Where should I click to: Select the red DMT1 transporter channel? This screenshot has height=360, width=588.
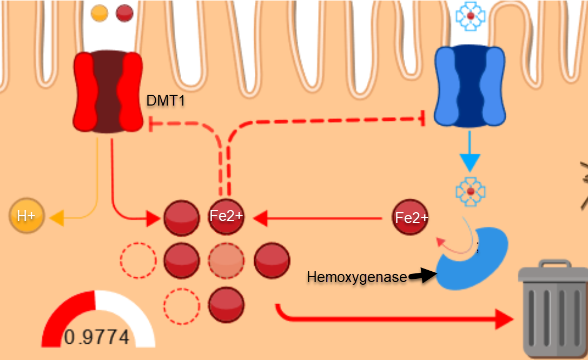click(107, 91)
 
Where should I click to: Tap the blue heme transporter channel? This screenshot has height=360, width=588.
click(470, 87)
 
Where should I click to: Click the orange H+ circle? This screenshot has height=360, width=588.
click(26, 217)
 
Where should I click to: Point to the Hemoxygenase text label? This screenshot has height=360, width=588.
click(356, 277)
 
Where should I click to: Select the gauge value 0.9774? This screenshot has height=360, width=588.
click(97, 337)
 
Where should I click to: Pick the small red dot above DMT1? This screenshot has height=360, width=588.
click(125, 13)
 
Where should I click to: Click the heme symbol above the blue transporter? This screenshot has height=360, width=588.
click(471, 16)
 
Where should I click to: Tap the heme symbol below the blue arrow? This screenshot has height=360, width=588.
click(471, 192)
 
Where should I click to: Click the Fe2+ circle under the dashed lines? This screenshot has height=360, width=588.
click(226, 217)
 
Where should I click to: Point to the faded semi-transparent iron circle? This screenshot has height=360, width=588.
click(226, 260)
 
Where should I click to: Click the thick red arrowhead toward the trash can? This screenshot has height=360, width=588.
click(504, 320)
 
